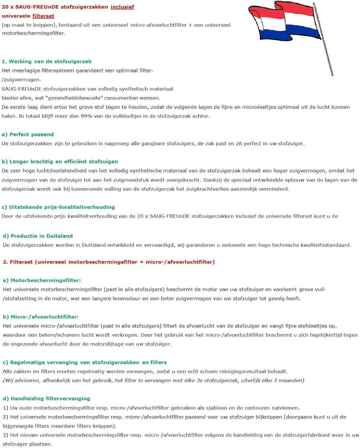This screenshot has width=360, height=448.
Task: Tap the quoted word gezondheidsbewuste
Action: pyautogui.click(x=78, y=98)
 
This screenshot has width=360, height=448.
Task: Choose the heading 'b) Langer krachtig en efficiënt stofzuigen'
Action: pyautogui.click(x=59, y=161)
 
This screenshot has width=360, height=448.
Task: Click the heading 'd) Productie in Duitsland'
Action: pyautogui.click(x=37, y=236)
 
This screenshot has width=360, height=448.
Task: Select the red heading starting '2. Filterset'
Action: pyautogui.click(x=108, y=262)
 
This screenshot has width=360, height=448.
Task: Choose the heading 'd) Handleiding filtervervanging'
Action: pyautogui.click(x=46, y=398)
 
